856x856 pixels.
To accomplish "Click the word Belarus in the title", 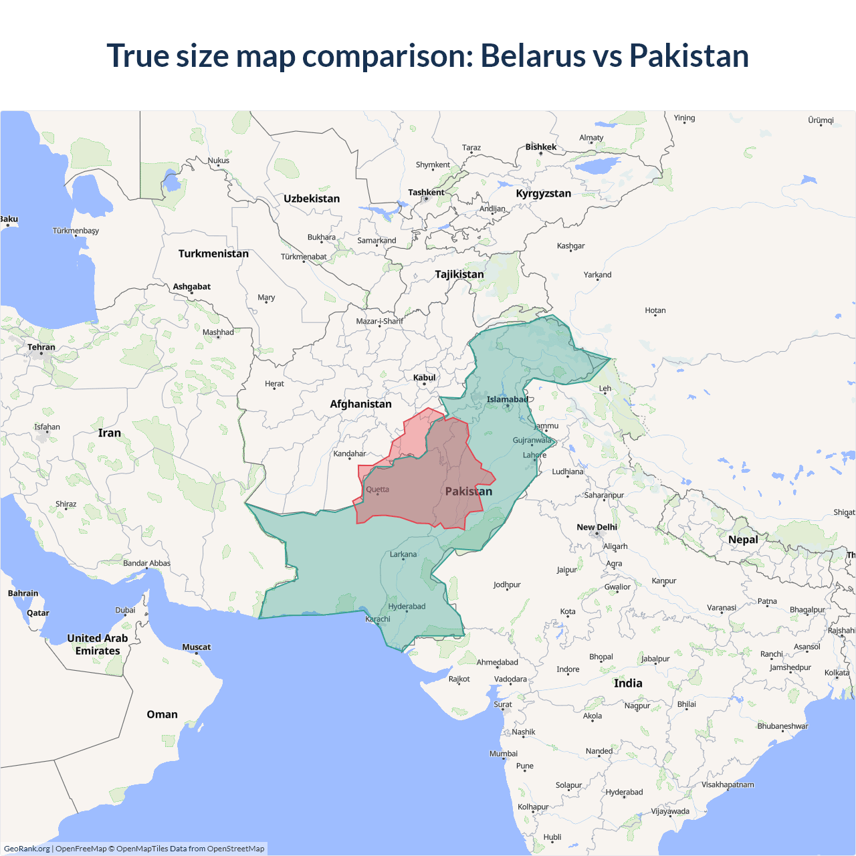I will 532,56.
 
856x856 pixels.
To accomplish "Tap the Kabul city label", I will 424,378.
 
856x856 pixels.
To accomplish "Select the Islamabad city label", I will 507,400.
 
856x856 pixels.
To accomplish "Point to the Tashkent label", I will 426,193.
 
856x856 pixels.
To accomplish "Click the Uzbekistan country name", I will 312,199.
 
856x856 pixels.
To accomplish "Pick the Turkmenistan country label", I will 213,253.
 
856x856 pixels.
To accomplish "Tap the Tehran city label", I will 41,347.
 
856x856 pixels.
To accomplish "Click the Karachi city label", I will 378,619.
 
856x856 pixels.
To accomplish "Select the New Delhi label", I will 597,527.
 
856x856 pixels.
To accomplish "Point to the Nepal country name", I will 743,540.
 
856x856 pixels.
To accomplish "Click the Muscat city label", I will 196,647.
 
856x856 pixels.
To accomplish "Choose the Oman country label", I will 162,714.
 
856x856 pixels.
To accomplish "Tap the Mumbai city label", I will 504,754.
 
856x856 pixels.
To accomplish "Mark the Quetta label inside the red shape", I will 377,490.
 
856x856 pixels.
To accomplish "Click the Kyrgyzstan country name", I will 543,193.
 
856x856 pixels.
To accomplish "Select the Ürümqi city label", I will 821,120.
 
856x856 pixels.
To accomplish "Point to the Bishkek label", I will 540,147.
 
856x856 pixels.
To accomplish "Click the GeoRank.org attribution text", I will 27,849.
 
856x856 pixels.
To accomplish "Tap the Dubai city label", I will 125,610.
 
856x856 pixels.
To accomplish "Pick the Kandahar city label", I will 350,453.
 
